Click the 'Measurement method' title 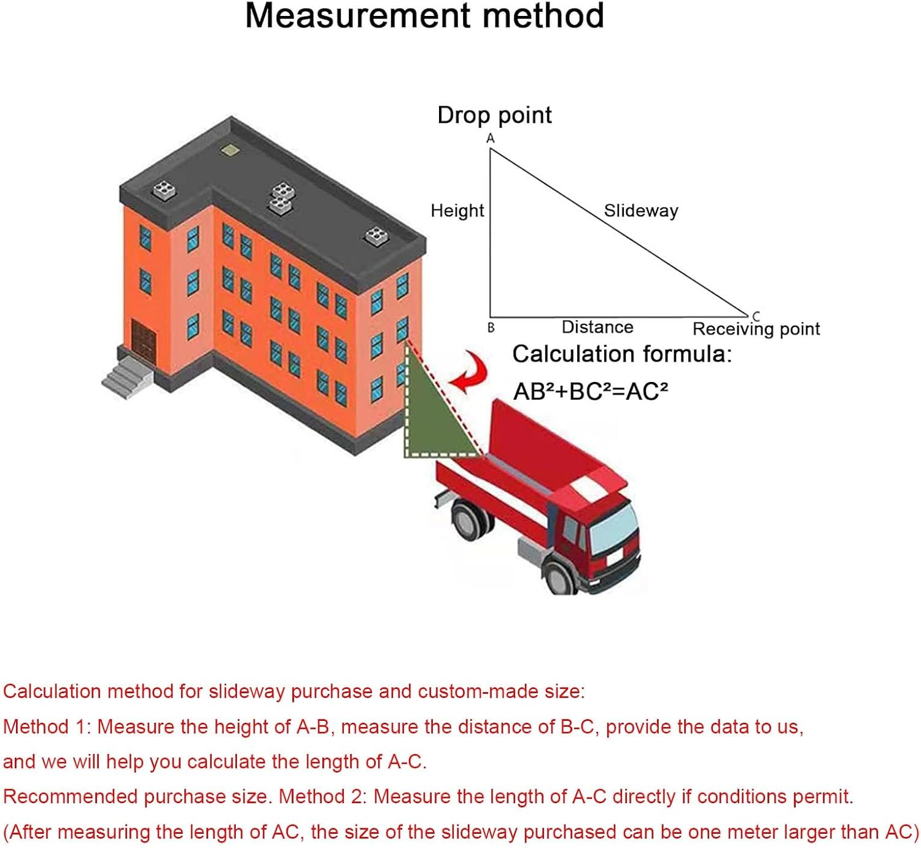[x=424, y=16]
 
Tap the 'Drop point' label [x=494, y=115]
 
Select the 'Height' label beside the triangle [x=457, y=211]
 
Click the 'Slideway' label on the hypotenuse [x=641, y=211]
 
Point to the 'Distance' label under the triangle [x=597, y=327]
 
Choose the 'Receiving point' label [x=756, y=329]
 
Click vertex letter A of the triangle [x=491, y=139]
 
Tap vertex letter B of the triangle [x=491, y=328]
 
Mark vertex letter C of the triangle [x=756, y=316]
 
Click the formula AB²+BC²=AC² [x=591, y=391]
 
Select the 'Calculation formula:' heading [x=622, y=354]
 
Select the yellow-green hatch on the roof [x=230, y=149]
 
